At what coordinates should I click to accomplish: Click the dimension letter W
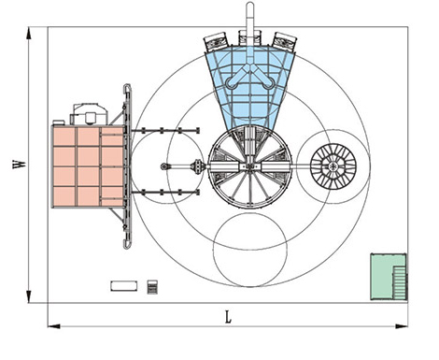pyautogui.click(x=20, y=165)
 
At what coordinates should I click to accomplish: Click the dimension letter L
pyautogui.click(x=228, y=318)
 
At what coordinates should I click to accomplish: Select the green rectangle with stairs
pyautogui.click(x=389, y=277)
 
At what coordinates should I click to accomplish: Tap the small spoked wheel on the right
pyautogui.click(x=333, y=166)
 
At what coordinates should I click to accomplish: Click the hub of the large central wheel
pyautogui.click(x=250, y=166)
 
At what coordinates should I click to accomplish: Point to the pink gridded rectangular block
pyautogui.click(x=88, y=166)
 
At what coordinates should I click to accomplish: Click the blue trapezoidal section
pyautogui.click(x=250, y=87)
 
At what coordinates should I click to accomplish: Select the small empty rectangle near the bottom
pyautogui.click(x=124, y=286)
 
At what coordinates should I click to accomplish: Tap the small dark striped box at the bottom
pyautogui.click(x=152, y=287)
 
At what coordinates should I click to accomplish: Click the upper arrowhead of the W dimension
pyautogui.click(x=29, y=33)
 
